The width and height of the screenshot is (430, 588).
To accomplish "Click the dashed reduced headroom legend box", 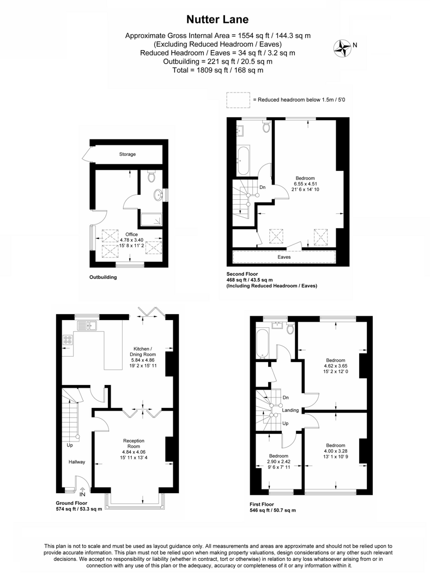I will (237, 100).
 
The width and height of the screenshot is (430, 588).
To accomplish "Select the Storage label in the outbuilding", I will (128, 154).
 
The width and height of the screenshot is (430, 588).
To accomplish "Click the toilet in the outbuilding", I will (152, 176).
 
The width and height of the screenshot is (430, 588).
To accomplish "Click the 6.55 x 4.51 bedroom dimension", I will (305, 184).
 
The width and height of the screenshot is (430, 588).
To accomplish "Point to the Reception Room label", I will (134, 443).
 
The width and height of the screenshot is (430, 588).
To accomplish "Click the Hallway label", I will (76, 462).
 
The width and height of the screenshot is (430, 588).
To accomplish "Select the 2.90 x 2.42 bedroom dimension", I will (278, 461).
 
